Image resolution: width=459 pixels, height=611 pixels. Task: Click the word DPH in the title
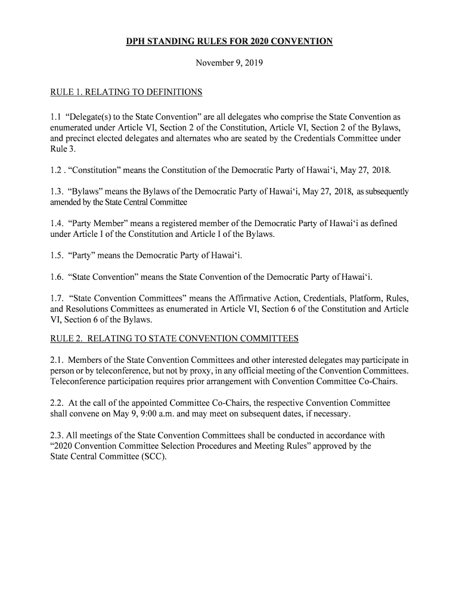(x=137, y=42)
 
